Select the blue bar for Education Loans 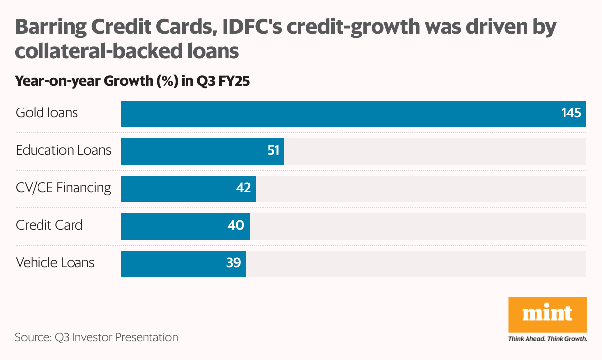[197, 151]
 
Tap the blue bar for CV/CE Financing [183, 189]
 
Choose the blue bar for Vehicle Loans [178, 264]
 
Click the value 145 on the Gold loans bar [571, 113]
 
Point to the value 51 [274, 151]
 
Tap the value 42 [243, 188]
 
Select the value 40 [236, 226]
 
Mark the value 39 [233, 263]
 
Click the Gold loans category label [47, 113]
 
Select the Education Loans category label [64, 150]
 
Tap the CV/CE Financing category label [63, 188]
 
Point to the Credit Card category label [49, 225]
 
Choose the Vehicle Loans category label [55, 263]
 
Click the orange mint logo [548, 314]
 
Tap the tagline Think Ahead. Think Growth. [548, 339]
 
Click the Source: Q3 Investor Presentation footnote [96, 338]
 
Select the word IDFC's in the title [252, 27]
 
